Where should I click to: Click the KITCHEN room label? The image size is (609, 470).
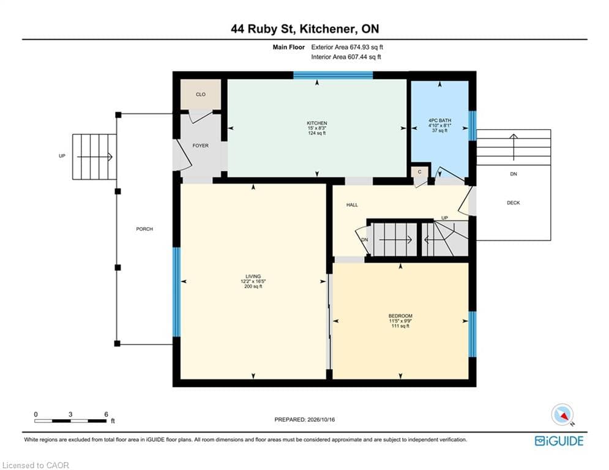(317, 123)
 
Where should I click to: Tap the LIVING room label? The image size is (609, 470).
(253, 277)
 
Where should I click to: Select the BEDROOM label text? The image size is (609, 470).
(400, 316)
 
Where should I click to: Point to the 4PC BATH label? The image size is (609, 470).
(439, 121)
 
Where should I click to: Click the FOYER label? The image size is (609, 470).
(200, 146)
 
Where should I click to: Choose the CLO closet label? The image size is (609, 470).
(201, 94)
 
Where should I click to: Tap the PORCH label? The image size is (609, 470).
(144, 229)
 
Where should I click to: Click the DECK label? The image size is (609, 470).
(514, 203)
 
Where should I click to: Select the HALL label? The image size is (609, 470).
(353, 204)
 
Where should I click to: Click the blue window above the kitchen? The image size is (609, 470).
(333, 75)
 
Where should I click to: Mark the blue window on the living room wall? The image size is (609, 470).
(176, 292)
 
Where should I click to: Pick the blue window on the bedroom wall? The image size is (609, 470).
(473, 334)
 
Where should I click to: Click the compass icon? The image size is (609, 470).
(562, 415)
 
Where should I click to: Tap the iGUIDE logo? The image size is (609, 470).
(559, 441)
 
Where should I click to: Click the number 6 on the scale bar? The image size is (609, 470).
(106, 414)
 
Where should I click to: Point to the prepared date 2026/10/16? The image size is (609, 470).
(321, 419)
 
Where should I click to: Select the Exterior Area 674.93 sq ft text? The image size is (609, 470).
(347, 47)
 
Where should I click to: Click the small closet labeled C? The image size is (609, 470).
(419, 173)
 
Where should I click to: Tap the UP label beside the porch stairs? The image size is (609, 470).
(62, 156)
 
